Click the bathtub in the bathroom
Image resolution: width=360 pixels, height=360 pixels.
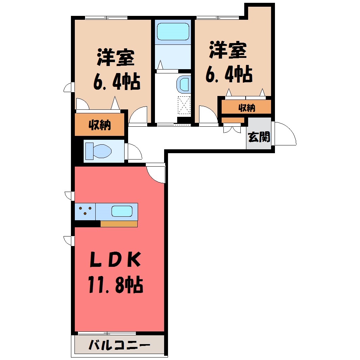pyautogui.click(x=173, y=31)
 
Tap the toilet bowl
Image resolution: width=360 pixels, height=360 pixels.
pyautogui.click(x=98, y=151)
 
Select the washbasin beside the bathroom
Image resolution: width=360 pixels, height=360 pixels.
pyautogui.click(x=184, y=84)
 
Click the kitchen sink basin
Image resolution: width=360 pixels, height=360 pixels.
pyautogui.click(x=122, y=211)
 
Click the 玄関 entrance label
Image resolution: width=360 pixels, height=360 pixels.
pyautogui.click(x=259, y=137)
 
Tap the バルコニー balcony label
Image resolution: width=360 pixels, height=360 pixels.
pyautogui.click(x=119, y=345)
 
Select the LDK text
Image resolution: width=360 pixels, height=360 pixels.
pyautogui.click(x=115, y=260)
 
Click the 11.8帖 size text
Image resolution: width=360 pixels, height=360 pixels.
pyautogui.click(x=115, y=285)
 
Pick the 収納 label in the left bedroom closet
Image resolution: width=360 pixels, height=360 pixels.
pyautogui.click(x=100, y=125)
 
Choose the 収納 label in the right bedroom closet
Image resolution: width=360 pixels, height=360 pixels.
pyautogui.click(x=247, y=107)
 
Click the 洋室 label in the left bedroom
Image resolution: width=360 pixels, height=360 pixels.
pyautogui.click(x=115, y=58)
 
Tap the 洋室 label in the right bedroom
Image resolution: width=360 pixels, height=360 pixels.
pyautogui.click(x=228, y=50)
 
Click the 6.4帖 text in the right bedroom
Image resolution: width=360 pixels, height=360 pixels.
pyautogui.click(x=229, y=74)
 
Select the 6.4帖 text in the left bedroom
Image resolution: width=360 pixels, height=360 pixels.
pyautogui.click(x=117, y=82)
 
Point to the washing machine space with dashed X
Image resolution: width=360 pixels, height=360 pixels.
pyautogui.click(x=184, y=105)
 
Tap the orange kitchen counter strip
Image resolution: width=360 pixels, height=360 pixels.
pyautogui.click(x=119, y=224)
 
